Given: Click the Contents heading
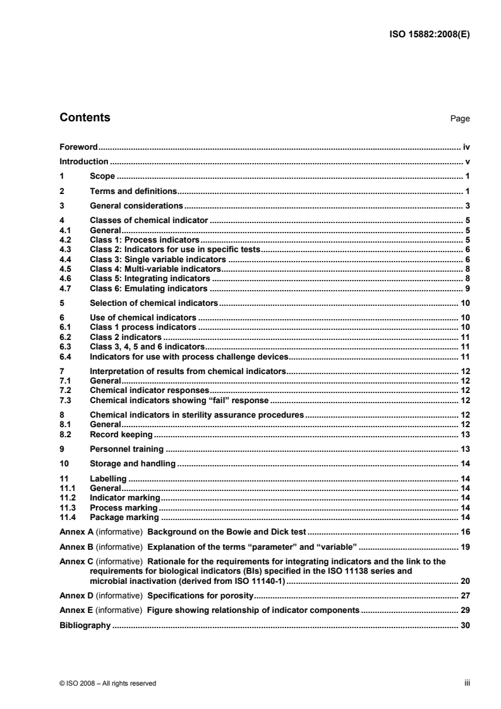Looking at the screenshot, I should tap(85, 118).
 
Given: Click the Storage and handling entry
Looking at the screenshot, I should tap(131, 464).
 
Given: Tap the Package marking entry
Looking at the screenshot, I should tap(124, 518).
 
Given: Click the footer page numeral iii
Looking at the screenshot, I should tap(467, 682).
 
